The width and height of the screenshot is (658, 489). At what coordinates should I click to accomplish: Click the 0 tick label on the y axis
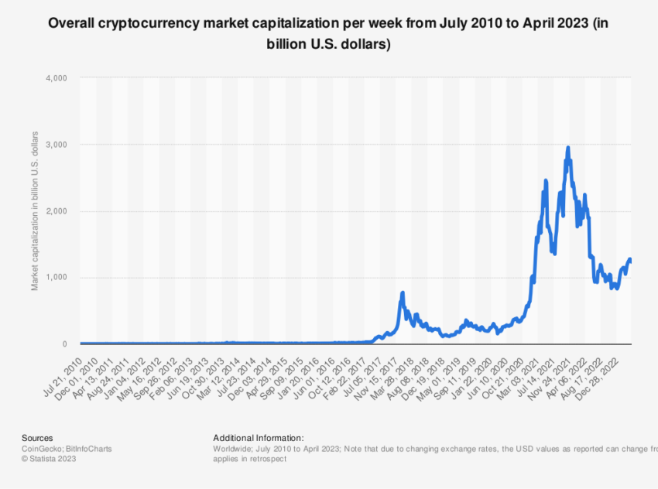coord(65,344)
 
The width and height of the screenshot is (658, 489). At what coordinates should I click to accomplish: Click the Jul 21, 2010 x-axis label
coord(65,368)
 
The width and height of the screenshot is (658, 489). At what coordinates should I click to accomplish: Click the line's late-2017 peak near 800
coord(403,293)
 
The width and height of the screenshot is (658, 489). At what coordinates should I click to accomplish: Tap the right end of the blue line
coord(630,260)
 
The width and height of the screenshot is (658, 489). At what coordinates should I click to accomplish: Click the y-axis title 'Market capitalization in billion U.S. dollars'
coord(35,210)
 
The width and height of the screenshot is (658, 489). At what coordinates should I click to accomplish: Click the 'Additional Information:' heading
coord(258,438)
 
